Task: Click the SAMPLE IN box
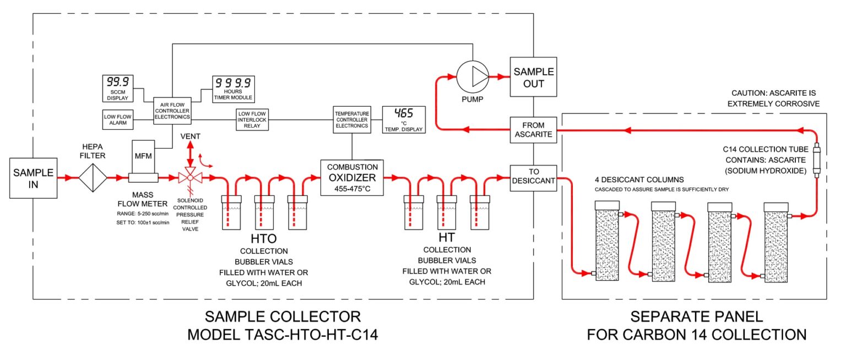coord(33,178)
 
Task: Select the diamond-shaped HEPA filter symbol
coord(93,178)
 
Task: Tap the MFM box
coord(143,157)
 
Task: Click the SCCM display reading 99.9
coord(118,88)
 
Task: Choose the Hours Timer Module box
coord(234,89)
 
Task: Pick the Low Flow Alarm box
coord(118,119)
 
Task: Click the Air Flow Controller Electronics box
coord(172,111)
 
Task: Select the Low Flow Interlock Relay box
coord(252,119)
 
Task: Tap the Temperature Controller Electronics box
coord(352,119)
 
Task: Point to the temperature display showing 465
coord(404,119)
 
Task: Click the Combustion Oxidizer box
coord(352,178)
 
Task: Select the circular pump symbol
coord(473,77)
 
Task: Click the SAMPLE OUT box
coord(533,77)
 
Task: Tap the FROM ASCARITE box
coord(533,130)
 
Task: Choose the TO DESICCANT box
coord(533,178)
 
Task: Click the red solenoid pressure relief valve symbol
coord(191,177)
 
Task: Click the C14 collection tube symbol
coord(817,160)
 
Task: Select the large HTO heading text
coord(264,238)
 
